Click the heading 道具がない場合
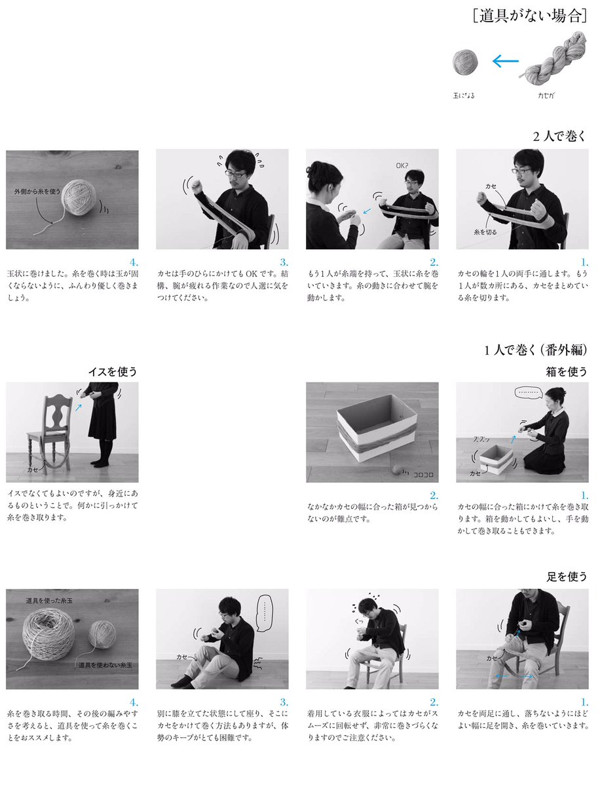click(530, 16)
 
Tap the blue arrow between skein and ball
click(506, 61)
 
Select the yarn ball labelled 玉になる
click(465, 62)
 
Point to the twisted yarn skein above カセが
click(553, 58)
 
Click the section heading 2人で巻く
click(559, 136)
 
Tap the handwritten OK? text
click(402, 166)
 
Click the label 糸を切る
click(485, 232)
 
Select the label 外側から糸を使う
click(37, 192)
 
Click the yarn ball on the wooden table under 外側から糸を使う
click(79, 197)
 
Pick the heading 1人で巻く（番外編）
click(536, 350)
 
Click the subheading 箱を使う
click(567, 372)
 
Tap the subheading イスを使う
click(113, 372)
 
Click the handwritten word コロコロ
click(423, 475)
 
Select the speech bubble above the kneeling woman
click(529, 392)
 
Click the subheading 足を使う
click(567, 577)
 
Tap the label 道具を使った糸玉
click(49, 601)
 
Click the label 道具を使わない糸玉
click(105, 665)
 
